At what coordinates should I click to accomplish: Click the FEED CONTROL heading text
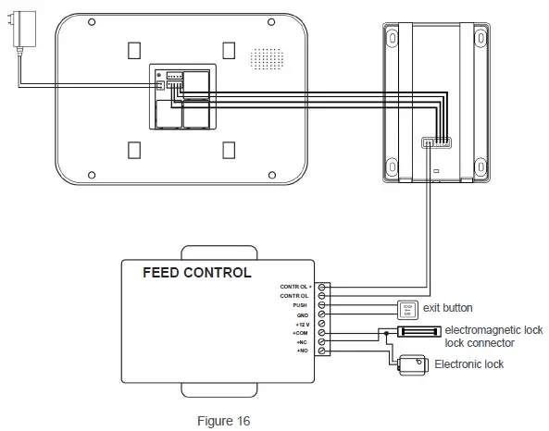coord(196,273)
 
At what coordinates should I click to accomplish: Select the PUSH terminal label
coord(300,304)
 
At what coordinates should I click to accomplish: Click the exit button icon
coord(407,308)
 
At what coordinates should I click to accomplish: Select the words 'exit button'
coord(448,308)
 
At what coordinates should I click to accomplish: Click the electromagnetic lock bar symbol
coord(418,330)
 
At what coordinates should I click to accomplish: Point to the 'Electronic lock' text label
coord(469,364)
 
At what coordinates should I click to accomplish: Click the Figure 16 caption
coord(223,421)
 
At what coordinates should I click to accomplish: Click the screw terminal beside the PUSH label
coord(321,304)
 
